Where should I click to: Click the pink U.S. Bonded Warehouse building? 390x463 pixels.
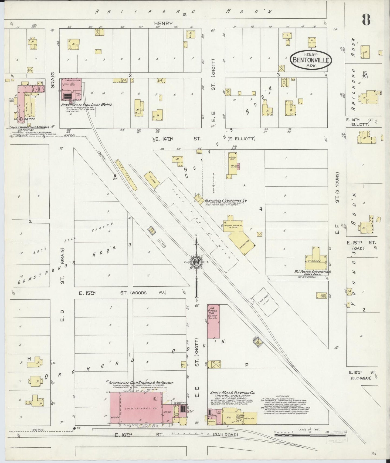coord(213,321)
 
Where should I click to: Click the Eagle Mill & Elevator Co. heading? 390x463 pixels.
coord(233,393)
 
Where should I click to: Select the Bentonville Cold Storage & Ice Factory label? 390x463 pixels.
coord(141,383)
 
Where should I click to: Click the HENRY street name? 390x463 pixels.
coord(163,24)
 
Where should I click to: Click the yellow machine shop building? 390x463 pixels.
coord(242,241)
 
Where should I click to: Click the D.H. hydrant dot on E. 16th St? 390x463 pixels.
coord(74,428)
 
